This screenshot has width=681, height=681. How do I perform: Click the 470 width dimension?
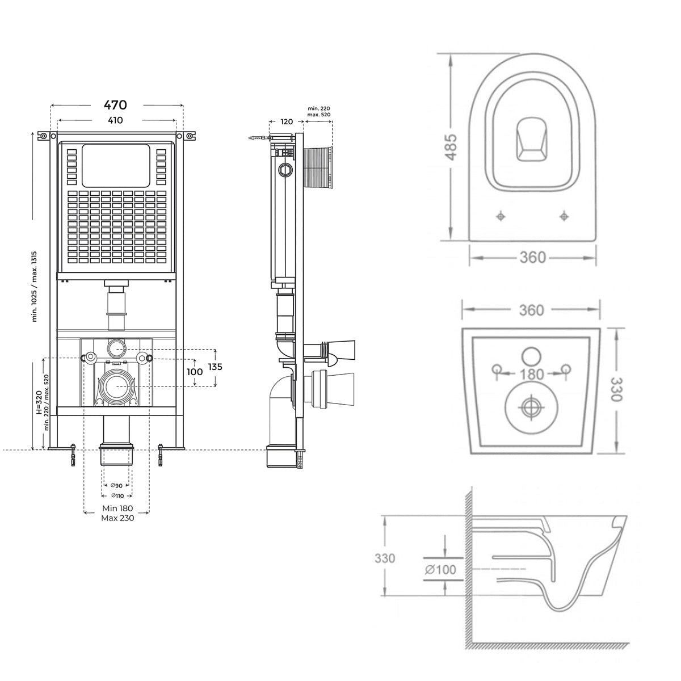pos(115,105)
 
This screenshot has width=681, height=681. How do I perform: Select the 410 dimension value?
pos(115,120)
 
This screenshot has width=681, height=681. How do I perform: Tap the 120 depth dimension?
pos(287,121)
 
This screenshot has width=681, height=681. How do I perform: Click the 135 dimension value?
pos(214,367)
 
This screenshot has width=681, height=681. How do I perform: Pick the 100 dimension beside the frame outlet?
pos(195,372)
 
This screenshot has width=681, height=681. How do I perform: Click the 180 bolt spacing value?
pos(531,374)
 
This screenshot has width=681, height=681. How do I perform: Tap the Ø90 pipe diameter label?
pos(116,486)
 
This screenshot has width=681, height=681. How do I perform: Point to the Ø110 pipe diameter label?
pos(116,496)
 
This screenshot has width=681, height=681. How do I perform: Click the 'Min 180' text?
pos(117,508)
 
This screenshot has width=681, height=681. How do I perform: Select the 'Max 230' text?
pos(117,518)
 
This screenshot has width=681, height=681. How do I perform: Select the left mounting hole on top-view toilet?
pos(500,216)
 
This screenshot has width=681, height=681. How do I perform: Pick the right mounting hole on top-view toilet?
pos(564,216)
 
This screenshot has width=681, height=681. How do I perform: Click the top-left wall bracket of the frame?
pos(43,136)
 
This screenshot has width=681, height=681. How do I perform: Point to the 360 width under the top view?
pos(532,258)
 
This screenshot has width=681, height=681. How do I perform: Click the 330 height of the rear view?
pos(616,389)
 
